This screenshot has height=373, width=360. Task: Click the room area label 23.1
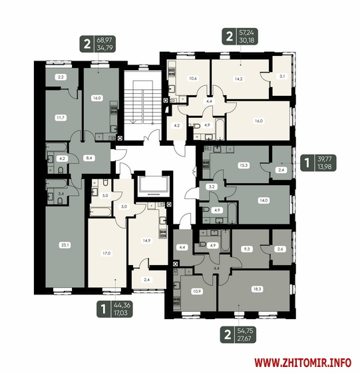point(65,245)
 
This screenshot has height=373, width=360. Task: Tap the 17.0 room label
point(106,253)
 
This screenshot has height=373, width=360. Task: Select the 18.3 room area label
point(257,289)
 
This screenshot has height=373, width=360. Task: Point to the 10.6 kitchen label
point(193,79)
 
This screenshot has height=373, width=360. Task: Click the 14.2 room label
point(238,79)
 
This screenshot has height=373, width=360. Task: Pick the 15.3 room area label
point(244,165)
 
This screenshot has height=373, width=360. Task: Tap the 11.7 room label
point(61,117)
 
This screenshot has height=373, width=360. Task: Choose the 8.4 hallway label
point(89,158)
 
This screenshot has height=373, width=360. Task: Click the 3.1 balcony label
point(282,77)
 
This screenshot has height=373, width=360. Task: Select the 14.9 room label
point(146,240)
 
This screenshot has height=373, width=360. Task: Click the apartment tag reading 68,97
point(97,44)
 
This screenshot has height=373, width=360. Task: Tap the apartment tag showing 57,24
point(240,37)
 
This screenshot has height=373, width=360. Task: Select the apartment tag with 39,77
point(318,163)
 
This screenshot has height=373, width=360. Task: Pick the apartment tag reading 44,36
point(114,309)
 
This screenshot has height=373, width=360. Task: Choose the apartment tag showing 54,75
point(238,334)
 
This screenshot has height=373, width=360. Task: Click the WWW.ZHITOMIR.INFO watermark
point(303,363)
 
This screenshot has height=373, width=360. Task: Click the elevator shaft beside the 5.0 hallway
point(152,185)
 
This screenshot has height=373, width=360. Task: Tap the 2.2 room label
point(61,77)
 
